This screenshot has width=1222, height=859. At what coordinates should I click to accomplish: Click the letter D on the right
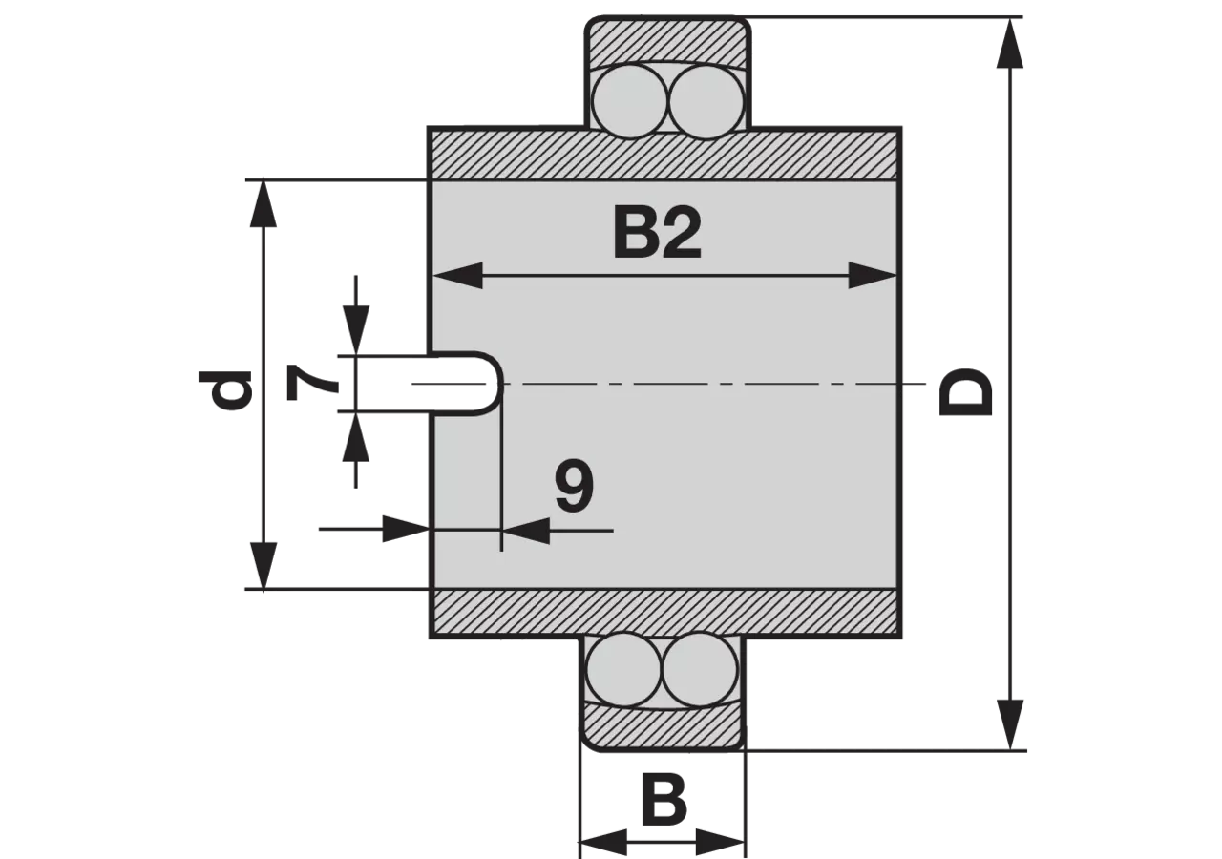[x=964, y=391]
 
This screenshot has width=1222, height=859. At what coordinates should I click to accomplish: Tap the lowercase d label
[x=224, y=389]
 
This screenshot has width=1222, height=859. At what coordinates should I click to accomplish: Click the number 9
[x=574, y=487]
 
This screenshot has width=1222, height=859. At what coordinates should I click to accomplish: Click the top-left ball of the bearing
[x=630, y=102]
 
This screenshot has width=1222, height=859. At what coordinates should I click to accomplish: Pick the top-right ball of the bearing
[x=707, y=102]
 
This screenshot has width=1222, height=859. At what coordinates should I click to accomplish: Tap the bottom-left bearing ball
[x=622, y=670]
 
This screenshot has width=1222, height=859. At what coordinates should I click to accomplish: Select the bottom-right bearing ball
[x=700, y=670]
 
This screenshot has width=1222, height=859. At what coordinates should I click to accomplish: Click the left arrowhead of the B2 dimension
[x=457, y=276]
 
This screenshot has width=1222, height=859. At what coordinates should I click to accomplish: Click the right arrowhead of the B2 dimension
[x=873, y=276]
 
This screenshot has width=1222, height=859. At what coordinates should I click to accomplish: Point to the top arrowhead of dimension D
[x=1009, y=43]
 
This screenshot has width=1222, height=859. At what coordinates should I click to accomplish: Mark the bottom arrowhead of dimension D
[x=1009, y=725]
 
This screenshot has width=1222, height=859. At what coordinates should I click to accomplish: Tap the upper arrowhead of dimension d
[x=263, y=202]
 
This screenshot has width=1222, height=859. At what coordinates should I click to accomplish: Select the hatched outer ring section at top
[x=666, y=39]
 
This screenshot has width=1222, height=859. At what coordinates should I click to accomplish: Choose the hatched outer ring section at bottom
[x=662, y=728]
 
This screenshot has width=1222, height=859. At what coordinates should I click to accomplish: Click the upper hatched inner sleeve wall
[x=664, y=155]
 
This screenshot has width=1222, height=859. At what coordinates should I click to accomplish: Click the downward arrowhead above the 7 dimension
[x=356, y=330]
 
